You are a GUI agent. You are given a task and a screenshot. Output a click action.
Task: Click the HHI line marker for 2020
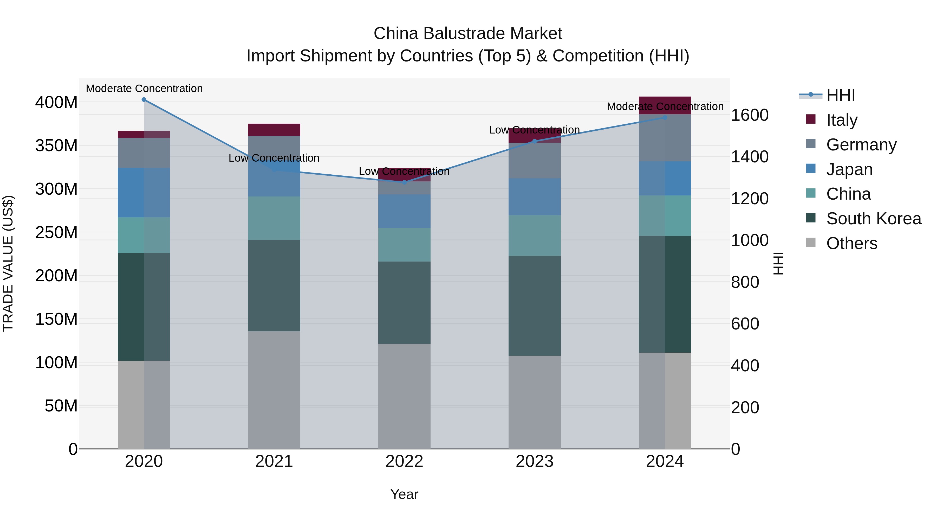(x=144, y=100)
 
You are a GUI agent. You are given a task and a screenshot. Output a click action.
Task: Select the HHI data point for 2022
(x=404, y=182)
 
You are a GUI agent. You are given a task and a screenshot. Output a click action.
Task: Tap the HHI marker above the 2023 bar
(x=535, y=141)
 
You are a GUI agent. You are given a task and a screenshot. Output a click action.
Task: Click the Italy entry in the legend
(x=842, y=120)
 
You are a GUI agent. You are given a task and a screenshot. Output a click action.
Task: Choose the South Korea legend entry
(x=874, y=219)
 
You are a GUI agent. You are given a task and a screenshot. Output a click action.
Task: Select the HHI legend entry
(x=840, y=95)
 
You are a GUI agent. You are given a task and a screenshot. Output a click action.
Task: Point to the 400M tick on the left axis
(x=56, y=103)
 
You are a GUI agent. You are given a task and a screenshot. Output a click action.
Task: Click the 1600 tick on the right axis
(x=750, y=115)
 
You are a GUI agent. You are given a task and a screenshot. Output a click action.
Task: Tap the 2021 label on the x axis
(x=274, y=461)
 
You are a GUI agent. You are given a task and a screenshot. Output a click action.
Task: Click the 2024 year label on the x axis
(x=665, y=461)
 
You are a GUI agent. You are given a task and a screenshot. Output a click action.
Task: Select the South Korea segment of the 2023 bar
(x=535, y=306)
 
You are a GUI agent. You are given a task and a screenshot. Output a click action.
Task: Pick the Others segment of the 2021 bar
(x=274, y=390)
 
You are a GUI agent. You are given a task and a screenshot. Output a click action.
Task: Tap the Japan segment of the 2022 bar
(x=404, y=211)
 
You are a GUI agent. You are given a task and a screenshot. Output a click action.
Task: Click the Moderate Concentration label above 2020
(x=144, y=89)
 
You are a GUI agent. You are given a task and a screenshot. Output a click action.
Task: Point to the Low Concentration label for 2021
(x=274, y=158)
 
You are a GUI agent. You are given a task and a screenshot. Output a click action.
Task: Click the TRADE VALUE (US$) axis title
(x=8, y=264)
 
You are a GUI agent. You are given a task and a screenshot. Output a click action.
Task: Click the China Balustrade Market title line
(x=468, y=34)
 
